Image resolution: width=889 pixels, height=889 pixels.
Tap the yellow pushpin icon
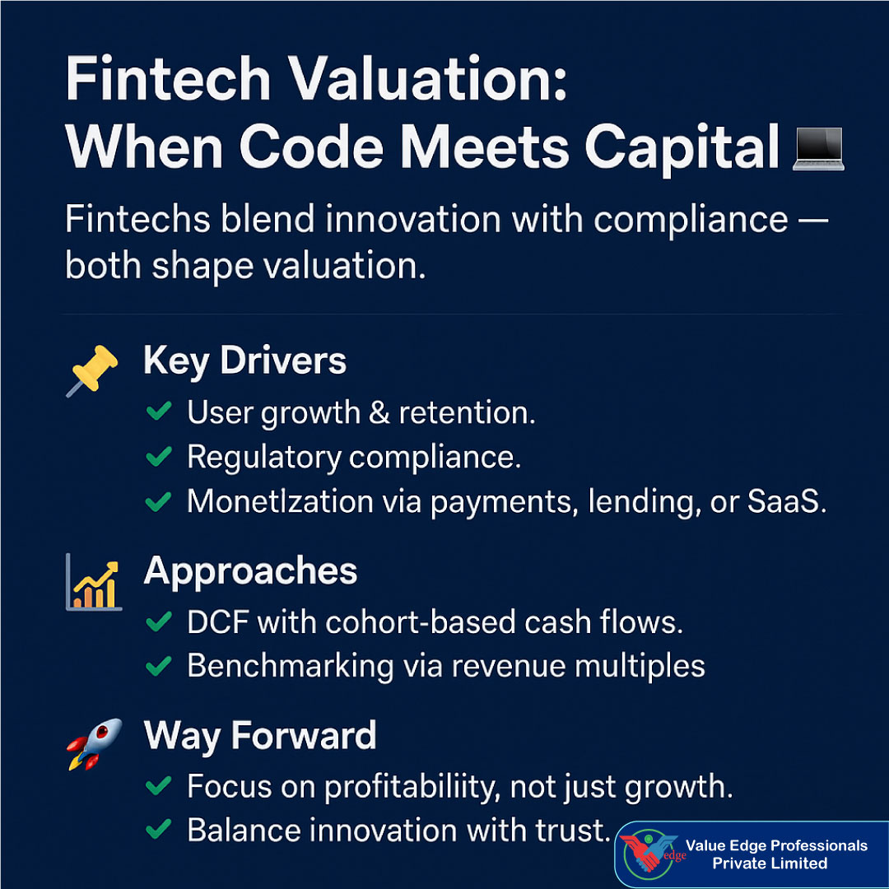tap(91, 370)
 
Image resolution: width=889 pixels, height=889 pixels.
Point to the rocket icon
tap(94, 743)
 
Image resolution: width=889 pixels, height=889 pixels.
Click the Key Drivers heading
tap(244, 361)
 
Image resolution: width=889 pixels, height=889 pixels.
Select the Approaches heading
tap(250, 571)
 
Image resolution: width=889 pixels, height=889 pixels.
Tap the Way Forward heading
tap(259, 735)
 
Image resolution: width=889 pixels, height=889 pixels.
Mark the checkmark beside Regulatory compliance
tap(158, 456)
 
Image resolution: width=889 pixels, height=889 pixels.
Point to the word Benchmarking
tap(290, 667)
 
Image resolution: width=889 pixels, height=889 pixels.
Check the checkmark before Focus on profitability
tap(158, 786)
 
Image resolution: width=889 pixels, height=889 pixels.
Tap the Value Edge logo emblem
tap(650, 855)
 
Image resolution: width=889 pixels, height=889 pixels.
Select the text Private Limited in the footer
tap(770, 863)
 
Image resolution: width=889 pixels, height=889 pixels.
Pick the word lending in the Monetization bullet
tap(640, 502)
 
